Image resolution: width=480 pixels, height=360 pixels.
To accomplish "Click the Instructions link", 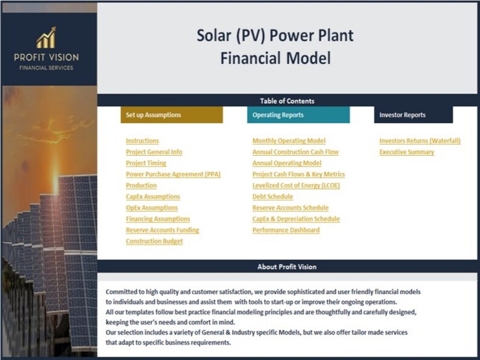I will pyautogui.click(x=142, y=141).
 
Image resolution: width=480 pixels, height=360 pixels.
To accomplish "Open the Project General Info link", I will pyautogui.click(x=154, y=152).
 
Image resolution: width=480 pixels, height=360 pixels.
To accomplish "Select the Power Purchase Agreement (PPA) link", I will pyautogui.click(x=173, y=175).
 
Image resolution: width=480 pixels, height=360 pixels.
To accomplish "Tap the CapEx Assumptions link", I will pyautogui.click(x=152, y=197).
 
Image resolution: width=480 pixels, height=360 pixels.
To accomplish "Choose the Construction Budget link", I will pyautogui.click(x=154, y=242).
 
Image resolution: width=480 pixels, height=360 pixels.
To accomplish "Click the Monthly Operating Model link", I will pyautogui.click(x=288, y=141).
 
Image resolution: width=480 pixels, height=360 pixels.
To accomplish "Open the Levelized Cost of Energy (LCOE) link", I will pyautogui.click(x=296, y=185).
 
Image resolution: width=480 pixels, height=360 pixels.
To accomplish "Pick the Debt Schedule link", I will pyautogui.click(x=272, y=197).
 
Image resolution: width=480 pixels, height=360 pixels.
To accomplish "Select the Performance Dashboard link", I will pyautogui.click(x=286, y=230).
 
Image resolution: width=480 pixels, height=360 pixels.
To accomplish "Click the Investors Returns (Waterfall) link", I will pyautogui.click(x=420, y=141).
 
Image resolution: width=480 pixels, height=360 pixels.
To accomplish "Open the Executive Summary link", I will pyautogui.click(x=406, y=152).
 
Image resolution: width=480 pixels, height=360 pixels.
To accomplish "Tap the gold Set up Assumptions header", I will pyautogui.click(x=172, y=115).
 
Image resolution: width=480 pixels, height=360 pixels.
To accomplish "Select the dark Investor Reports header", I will pyautogui.click(x=413, y=115).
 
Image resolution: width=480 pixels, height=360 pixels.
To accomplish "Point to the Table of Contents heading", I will pyautogui.click(x=287, y=101).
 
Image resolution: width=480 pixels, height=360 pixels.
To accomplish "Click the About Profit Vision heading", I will pyautogui.click(x=287, y=267).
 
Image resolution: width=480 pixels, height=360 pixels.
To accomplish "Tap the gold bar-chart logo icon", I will pyautogui.click(x=46, y=39).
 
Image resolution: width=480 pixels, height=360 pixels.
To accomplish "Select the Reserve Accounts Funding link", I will pyautogui.click(x=162, y=230).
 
